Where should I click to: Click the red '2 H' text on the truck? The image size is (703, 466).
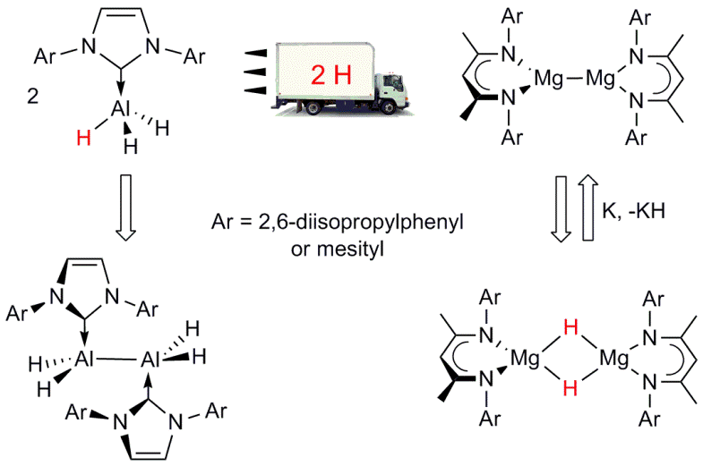330,75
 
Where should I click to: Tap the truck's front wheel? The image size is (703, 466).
389,107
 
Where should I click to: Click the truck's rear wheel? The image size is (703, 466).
313,107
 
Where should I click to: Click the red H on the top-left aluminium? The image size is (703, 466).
84,138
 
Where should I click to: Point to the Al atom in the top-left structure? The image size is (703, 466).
121,108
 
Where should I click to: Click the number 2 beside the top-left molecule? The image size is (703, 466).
33,97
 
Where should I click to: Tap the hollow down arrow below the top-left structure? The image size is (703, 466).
126,208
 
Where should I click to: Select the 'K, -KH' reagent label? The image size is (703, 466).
633,210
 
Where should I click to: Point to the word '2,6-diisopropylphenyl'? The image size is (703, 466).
361,222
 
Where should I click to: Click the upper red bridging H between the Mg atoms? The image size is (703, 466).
570,328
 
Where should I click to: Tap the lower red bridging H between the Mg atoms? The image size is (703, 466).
570,387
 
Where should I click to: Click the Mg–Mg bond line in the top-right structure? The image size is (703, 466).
575,80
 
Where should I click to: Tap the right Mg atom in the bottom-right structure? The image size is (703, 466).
614,359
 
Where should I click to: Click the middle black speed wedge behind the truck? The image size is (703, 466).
255,72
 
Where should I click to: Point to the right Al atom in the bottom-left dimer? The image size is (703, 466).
150,359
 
